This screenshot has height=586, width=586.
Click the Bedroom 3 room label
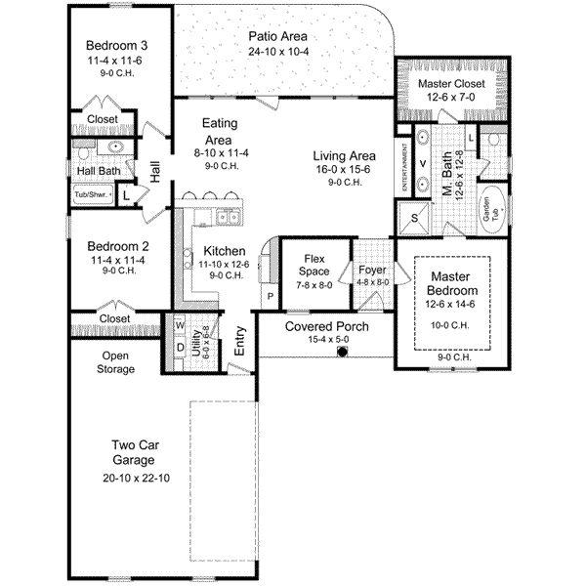click(116, 45)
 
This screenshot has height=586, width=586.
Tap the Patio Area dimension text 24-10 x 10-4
click(277, 51)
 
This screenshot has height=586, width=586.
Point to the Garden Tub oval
click(489, 205)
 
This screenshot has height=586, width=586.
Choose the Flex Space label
click(314, 265)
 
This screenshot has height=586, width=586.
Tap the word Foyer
click(372, 269)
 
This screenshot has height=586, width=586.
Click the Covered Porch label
click(326, 326)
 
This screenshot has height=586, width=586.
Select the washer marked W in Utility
click(180, 326)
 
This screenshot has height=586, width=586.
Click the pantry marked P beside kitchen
click(269, 294)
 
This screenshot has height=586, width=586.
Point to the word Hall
click(155, 171)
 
